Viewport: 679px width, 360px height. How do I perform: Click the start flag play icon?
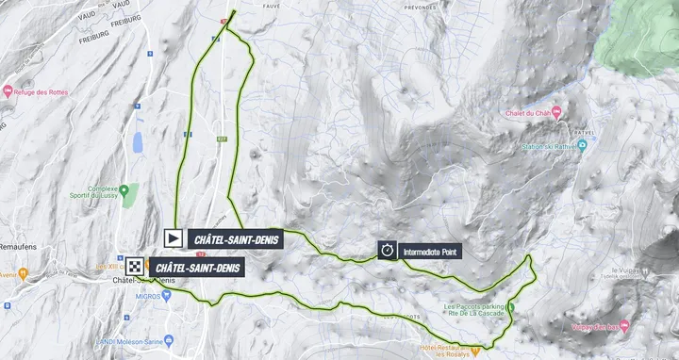pos(174,238)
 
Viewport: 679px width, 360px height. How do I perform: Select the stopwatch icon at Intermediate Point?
pos(387,250)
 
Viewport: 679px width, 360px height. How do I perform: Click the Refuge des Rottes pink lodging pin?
pos(8,91)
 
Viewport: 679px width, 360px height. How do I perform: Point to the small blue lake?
pos(139,142)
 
